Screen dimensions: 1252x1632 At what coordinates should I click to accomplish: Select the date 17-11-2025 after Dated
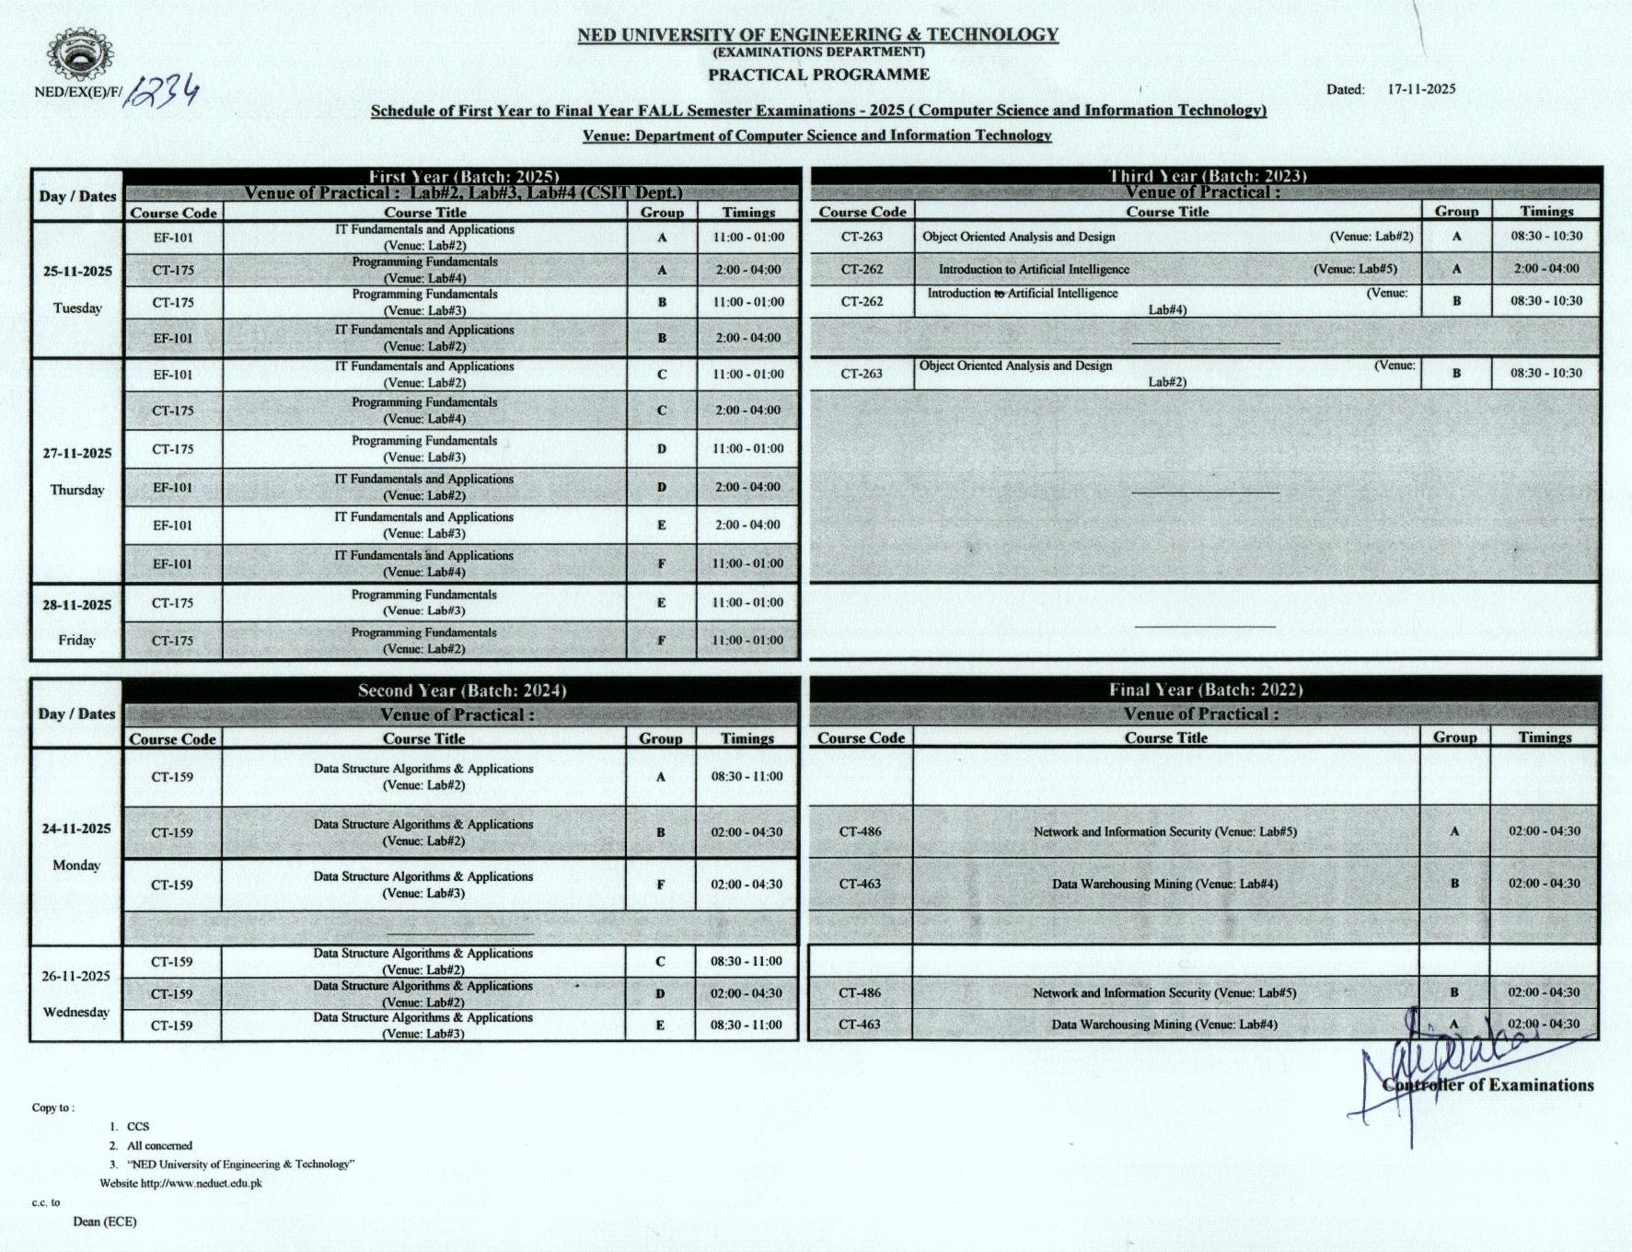1421,89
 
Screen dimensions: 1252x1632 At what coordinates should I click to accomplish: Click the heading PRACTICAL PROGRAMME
818,75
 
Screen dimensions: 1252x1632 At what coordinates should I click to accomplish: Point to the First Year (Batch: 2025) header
463,176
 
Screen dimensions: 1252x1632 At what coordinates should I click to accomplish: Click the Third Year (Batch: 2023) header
1207,175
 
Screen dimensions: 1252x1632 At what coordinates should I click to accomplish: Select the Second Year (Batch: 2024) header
462,690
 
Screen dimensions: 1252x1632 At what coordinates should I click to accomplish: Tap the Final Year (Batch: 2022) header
1205,690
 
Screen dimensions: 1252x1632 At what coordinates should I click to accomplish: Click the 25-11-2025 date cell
77,272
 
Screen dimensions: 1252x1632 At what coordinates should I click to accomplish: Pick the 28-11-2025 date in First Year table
76,605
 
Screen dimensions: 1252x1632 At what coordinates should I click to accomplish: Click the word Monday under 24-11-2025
76,865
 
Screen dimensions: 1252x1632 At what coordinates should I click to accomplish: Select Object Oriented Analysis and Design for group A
1018,237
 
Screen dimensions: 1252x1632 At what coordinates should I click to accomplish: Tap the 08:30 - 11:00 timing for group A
747,776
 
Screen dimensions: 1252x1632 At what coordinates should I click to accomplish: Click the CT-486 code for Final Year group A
860,831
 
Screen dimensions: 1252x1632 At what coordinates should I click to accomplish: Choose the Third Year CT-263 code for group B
862,373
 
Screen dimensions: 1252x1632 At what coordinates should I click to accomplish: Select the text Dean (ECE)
105,1222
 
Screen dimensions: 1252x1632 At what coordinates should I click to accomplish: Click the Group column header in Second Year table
660,738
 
